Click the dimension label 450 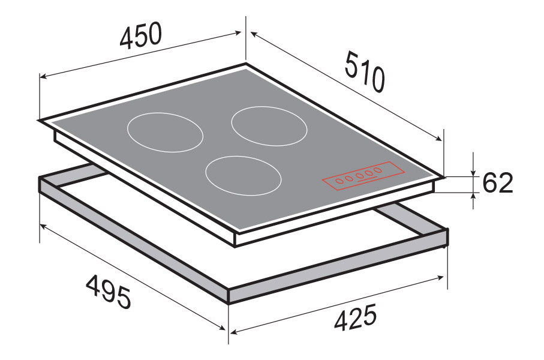[x=140, y=35]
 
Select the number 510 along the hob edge [x=365, y=71]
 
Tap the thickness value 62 [x=497, y=182]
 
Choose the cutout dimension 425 [x=355, y=317]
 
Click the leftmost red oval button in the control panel [x=339, y=181]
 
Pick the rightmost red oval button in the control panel [x=377, y=170]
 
